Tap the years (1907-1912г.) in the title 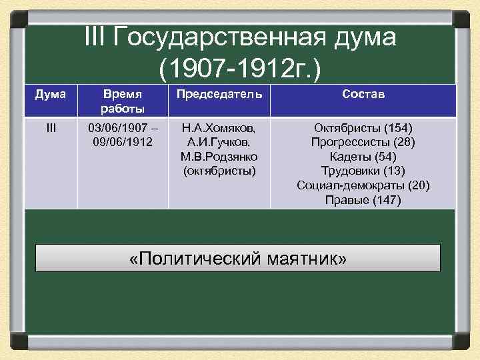tap(241, 67)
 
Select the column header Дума tap(51, 95)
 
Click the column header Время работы tap(123, 101)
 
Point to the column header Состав tap(363, 95)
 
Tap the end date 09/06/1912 tap(123, 142)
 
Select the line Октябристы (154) tap(363, 127)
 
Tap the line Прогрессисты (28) tap(363, 142)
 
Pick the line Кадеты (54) tap(363, 156)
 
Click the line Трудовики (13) tap(363, 171)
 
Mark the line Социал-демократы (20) tap(363, 185)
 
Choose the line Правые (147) tap(363, 200)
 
